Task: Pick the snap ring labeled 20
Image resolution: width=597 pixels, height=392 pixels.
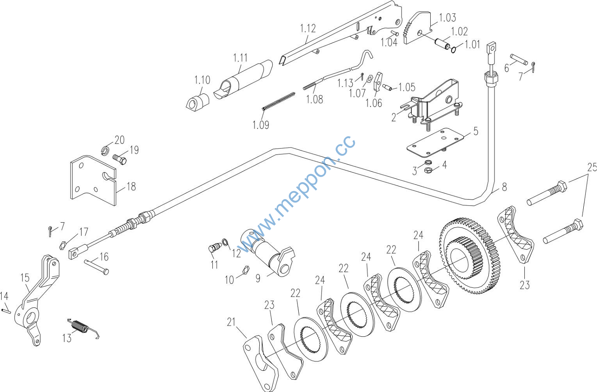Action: click(x=105, y=149)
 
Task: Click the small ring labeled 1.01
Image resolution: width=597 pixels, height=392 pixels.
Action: click(x=453, y=50)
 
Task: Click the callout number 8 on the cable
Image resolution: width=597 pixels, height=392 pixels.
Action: click(x=504, y=187)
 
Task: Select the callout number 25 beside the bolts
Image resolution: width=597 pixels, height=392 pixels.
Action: click(x=592, y=168)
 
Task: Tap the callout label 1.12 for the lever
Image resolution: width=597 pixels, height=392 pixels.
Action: click(x=308, y=29)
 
